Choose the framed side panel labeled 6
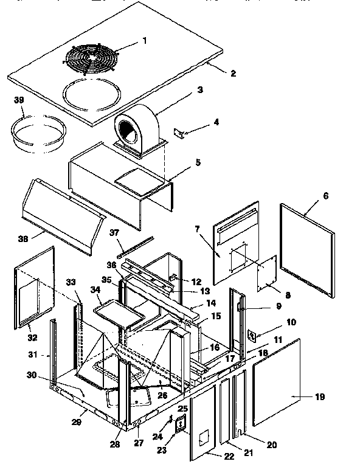[307, 249]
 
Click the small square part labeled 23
[180, 426]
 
